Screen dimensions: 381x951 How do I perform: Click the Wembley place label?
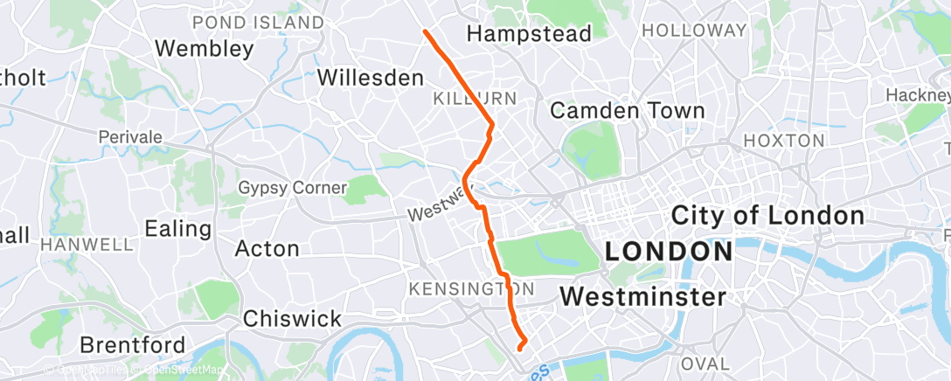tap(204, 48)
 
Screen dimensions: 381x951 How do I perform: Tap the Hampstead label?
tap(529, 33)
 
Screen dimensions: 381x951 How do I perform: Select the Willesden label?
tap(370, 77)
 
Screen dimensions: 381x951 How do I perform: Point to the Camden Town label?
tap(627, 111)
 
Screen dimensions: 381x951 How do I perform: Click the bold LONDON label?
tap(669, 253)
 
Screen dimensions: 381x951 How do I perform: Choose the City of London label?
tap(767, 215)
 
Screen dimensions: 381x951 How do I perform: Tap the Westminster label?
tap(642, 297)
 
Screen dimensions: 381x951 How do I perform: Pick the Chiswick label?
tap(292, 319)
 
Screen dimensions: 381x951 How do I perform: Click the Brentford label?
tap(132, 344)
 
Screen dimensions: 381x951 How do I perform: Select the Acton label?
tap(267, 249)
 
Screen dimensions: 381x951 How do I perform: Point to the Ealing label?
tap(178, 229)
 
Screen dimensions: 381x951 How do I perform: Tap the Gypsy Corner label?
tap(293, 188)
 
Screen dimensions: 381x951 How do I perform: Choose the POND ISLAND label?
tap(257, 22)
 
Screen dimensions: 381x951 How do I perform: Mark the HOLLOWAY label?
tap(694, 30)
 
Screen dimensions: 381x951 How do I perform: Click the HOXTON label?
tap(782, 140)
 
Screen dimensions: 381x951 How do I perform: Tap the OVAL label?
tap(705, 363)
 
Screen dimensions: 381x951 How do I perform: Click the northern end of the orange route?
tap(425, 31)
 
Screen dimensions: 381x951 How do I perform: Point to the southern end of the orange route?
tap(521, 348)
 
